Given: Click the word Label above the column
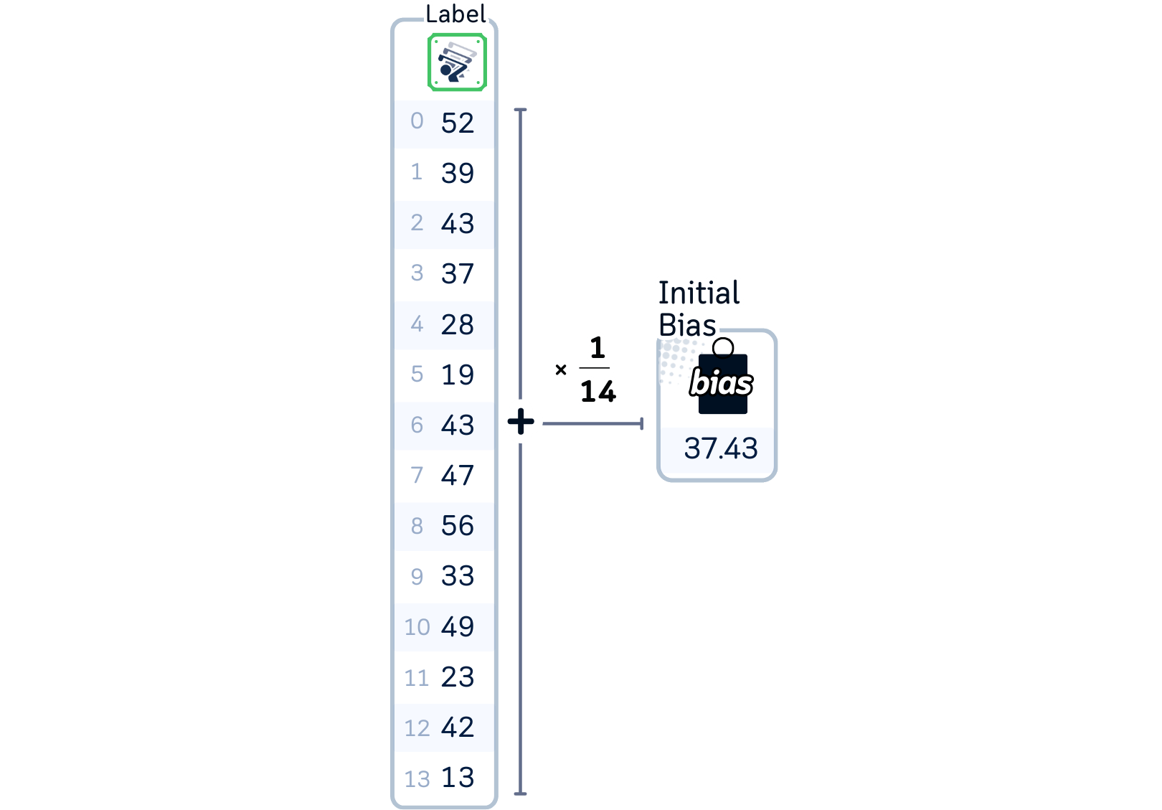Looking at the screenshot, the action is point(455,14).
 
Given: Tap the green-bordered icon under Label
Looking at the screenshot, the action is point(457,62).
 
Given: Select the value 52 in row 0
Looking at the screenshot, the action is point(458,123).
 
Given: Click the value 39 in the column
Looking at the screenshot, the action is point(458,174).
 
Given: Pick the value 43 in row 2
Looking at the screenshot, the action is point(458,224).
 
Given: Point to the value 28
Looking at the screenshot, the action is point(458,325).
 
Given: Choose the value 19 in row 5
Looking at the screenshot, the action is point(458,375).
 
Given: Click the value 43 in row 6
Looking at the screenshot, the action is point(458,425).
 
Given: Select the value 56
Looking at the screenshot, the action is point(458,526).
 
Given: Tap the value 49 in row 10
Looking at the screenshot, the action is point(458,627).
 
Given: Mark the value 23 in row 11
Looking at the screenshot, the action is point(458,677).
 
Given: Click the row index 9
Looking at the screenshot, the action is point(417,577).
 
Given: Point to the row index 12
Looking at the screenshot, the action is point(417,728).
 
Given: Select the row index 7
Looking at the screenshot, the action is point(417,476).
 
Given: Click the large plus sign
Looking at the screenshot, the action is point(521,421).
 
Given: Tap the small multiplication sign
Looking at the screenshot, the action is point(561,370).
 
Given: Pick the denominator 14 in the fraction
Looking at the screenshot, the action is point(598,392).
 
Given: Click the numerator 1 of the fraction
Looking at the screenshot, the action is point(597,348).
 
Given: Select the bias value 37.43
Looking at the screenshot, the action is point(721,449).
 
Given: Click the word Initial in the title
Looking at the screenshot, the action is point(699,293).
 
